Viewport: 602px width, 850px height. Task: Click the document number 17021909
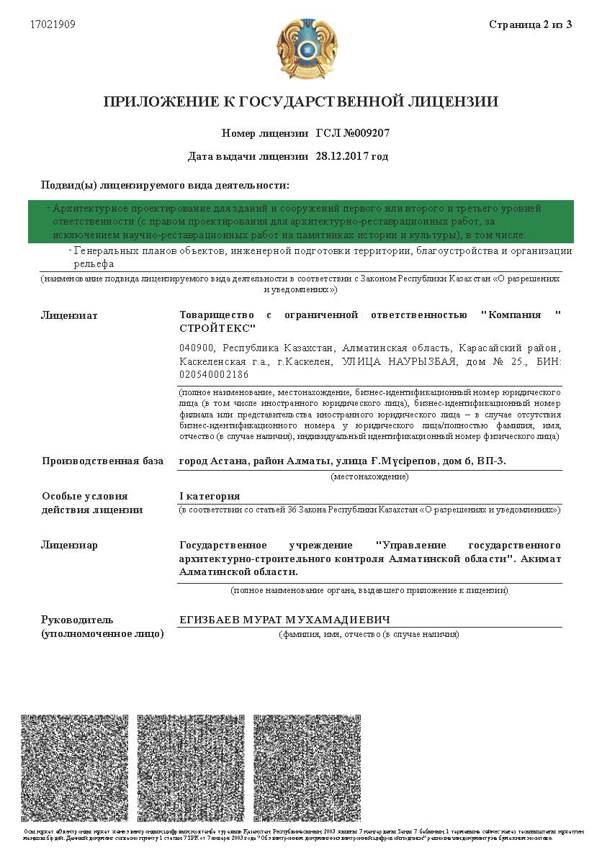[x=53, y=24]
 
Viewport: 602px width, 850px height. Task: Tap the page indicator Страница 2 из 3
[x=530, y=24]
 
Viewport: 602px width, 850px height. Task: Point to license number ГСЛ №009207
[x=353, y=133]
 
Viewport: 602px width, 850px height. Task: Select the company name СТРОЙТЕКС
[x=217, y=328]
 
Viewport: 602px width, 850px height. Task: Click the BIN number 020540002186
[x=213, y=375]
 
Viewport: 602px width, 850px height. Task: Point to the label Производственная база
[x=102, y=461]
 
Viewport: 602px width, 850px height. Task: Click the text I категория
[x=210, y=497]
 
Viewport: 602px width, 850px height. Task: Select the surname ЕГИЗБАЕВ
[x=210, y=620]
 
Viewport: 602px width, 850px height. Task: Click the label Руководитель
[x=78, y=620]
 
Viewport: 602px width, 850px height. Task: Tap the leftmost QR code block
[x=75, y=768]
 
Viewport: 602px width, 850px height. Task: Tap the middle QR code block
[x=191, y=768]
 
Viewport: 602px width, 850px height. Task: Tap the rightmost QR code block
[x=307, y=768]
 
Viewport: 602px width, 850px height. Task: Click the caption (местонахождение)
[x=369, y=476]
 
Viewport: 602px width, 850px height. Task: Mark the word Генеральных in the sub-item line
[x=106, y=251]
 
